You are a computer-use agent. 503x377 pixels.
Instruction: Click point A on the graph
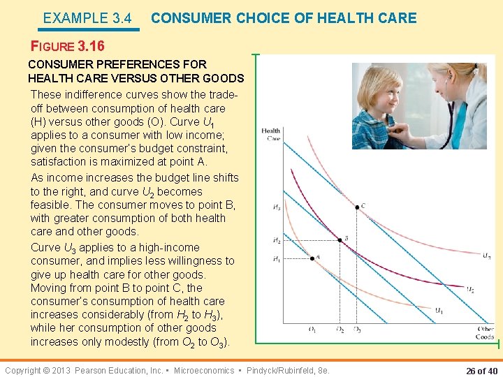312,258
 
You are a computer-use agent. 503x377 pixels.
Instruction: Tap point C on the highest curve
356,207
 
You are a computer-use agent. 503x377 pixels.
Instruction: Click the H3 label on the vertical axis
277,207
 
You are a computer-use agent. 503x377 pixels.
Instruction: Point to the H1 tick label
277,259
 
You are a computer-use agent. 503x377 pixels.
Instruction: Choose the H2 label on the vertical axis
277,241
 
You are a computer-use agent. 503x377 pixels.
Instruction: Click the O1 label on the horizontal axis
312,330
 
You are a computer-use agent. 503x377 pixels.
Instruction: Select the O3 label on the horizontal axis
357,330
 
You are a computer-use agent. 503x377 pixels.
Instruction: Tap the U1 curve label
438,311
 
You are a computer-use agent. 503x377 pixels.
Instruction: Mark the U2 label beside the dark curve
471,290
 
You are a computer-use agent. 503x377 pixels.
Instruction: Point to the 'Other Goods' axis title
485,333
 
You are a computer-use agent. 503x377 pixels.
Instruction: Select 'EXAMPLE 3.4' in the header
87,19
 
